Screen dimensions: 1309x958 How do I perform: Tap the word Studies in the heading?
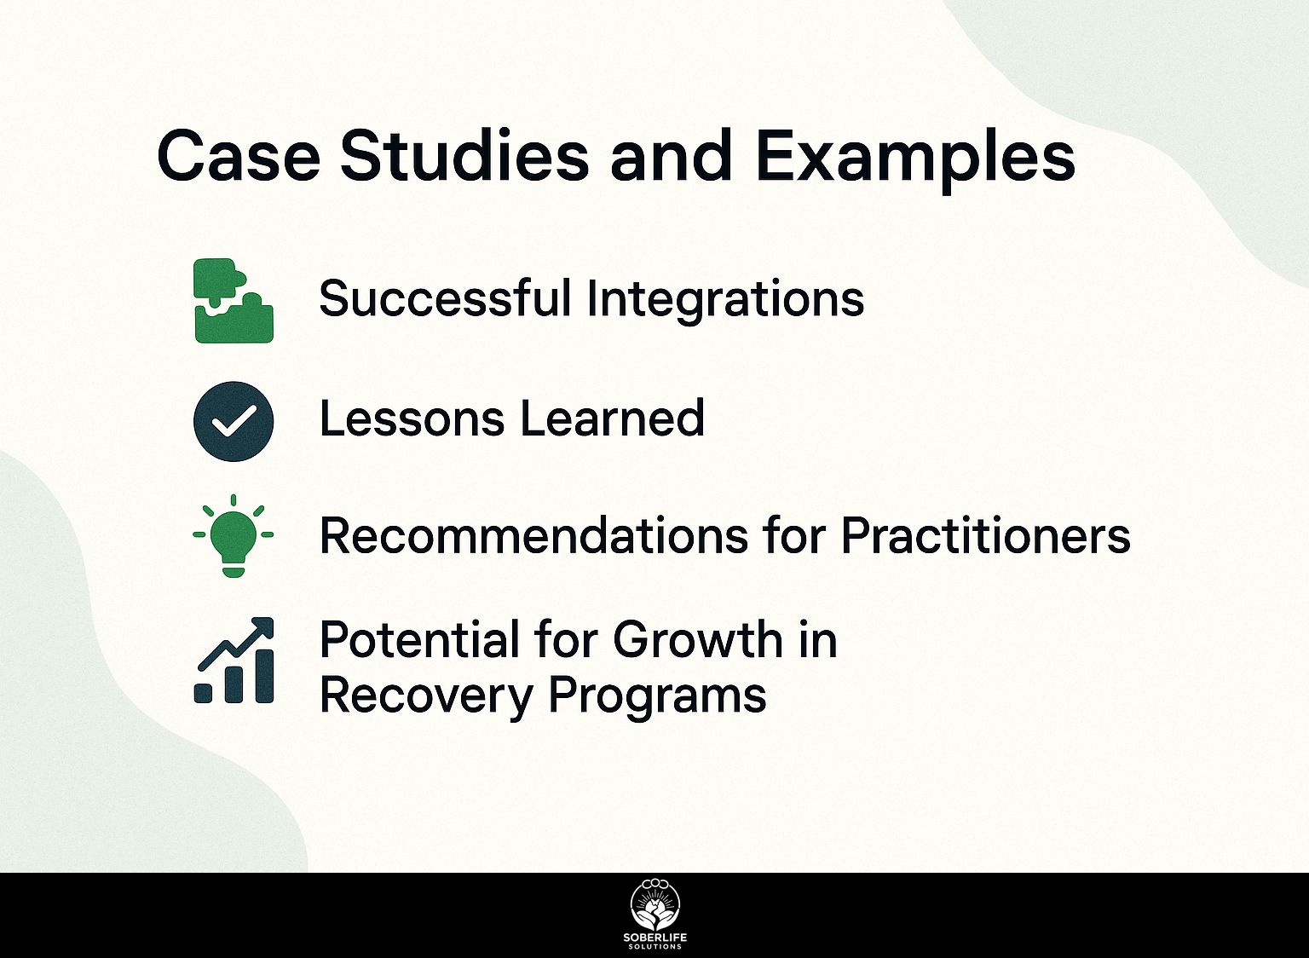tap(464, 155)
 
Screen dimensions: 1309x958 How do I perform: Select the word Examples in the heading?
tap(915, 160)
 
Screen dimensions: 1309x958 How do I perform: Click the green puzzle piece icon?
tap(234, 300)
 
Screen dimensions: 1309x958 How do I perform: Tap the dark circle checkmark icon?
tap(234, 421)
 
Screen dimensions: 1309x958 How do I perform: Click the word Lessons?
tap(412, 418)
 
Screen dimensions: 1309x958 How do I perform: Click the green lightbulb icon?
tap(234, 537)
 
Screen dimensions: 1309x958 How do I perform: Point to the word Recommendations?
tap(533, 536)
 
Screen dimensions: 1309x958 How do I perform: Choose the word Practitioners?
tap(986, 536)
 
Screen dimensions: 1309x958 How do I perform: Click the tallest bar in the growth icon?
tap(265, 676)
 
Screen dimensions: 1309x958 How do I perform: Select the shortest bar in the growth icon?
tap(203, 693)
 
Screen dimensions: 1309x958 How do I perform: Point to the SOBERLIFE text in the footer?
tap(655, 938)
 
